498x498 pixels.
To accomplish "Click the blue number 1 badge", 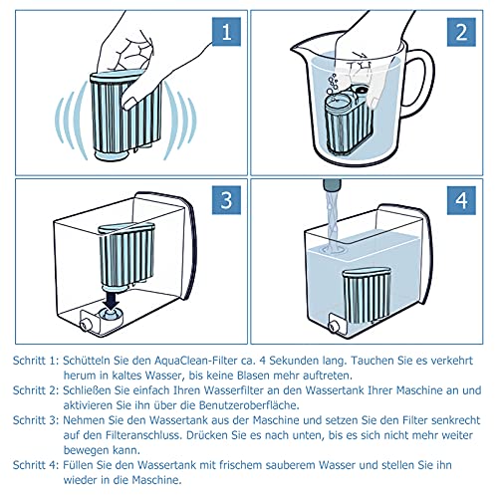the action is pos(226,32).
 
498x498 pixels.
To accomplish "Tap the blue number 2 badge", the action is pos(461,32).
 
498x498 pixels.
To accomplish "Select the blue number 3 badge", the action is pos(226,200).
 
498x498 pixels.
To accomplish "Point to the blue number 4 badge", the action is pos(461,200).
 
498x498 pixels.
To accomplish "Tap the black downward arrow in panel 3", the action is pos(113,299).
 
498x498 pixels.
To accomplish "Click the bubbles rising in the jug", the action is pos(332,85).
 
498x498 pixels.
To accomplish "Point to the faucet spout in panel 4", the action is pos(332,186).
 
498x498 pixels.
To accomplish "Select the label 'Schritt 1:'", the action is pos(36,361).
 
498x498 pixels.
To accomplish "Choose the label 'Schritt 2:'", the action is pos(36,390).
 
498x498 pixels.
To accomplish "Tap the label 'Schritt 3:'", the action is pos(36,420).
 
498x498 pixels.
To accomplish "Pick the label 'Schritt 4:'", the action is pos(36,465).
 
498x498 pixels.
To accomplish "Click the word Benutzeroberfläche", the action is pos(249,405).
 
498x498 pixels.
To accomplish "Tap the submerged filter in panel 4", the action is pos(367,296).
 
